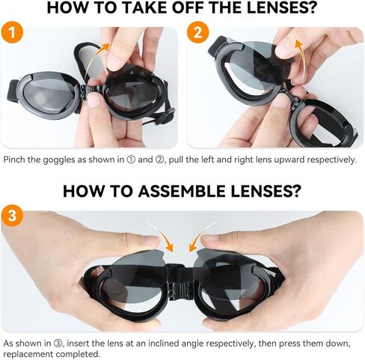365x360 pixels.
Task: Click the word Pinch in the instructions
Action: pyautogui.click(x=16, y=159)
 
